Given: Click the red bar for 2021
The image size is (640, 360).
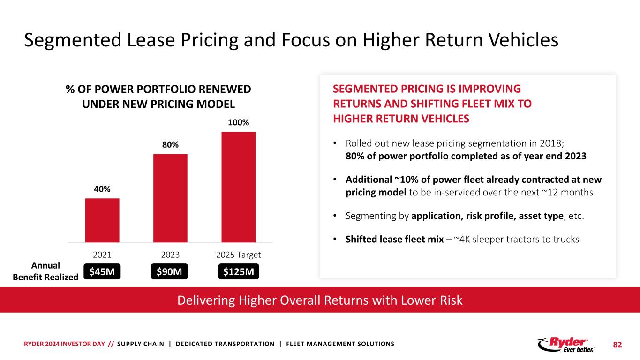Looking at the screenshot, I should click(102, 220).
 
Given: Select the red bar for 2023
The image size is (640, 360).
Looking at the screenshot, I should click(170, 198).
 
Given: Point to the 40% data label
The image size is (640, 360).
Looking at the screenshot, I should click(102, 189).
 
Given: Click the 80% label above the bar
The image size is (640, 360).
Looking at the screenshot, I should click(170, 145).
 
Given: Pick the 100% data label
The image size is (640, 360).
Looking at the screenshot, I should click(238, 122).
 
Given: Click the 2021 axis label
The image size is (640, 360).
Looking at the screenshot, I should click(102, 255).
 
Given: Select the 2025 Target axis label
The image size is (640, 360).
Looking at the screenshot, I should click(238, 255).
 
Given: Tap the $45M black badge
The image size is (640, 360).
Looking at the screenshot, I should click(102, 271).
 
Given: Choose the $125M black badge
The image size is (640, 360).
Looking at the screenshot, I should click(239, 271).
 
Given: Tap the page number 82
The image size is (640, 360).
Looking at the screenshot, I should click(617, 345).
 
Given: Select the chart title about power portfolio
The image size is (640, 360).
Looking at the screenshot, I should click(158, 96).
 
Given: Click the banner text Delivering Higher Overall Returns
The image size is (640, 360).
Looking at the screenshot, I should click(320, 300).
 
